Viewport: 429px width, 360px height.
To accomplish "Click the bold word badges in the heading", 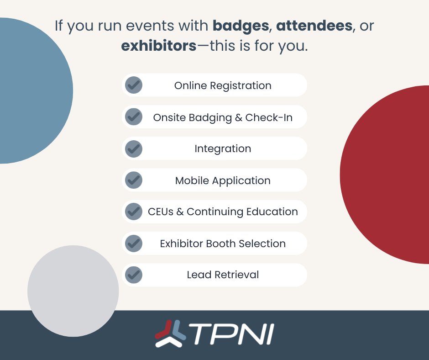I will pos(241,26).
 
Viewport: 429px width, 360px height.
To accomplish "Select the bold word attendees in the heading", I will pos(314,26).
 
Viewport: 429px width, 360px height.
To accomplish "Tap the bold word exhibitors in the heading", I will pos(158,46).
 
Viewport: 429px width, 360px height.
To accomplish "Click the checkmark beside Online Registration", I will pos(134,85).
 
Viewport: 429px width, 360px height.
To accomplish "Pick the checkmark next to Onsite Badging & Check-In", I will pos(134,117).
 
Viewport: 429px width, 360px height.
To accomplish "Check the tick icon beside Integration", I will pos(134,148).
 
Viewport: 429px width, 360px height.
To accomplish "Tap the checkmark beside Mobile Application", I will pos(134,180).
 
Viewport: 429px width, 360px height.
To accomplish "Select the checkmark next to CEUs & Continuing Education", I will pos(134,212).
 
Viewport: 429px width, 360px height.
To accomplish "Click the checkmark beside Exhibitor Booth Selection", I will pos(134,243).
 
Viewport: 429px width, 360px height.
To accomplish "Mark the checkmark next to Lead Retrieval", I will pos(134,275).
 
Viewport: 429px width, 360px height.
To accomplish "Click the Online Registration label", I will pos(223,85).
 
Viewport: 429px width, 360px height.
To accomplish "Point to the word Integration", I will pos(223,148).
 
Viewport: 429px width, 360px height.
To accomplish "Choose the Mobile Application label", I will pos(223,180).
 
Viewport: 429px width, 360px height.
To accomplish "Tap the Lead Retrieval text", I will pos(223,275).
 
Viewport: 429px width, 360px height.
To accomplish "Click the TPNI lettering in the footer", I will pos(232,335).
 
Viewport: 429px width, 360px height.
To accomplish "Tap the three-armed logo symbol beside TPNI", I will pos(170,334).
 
